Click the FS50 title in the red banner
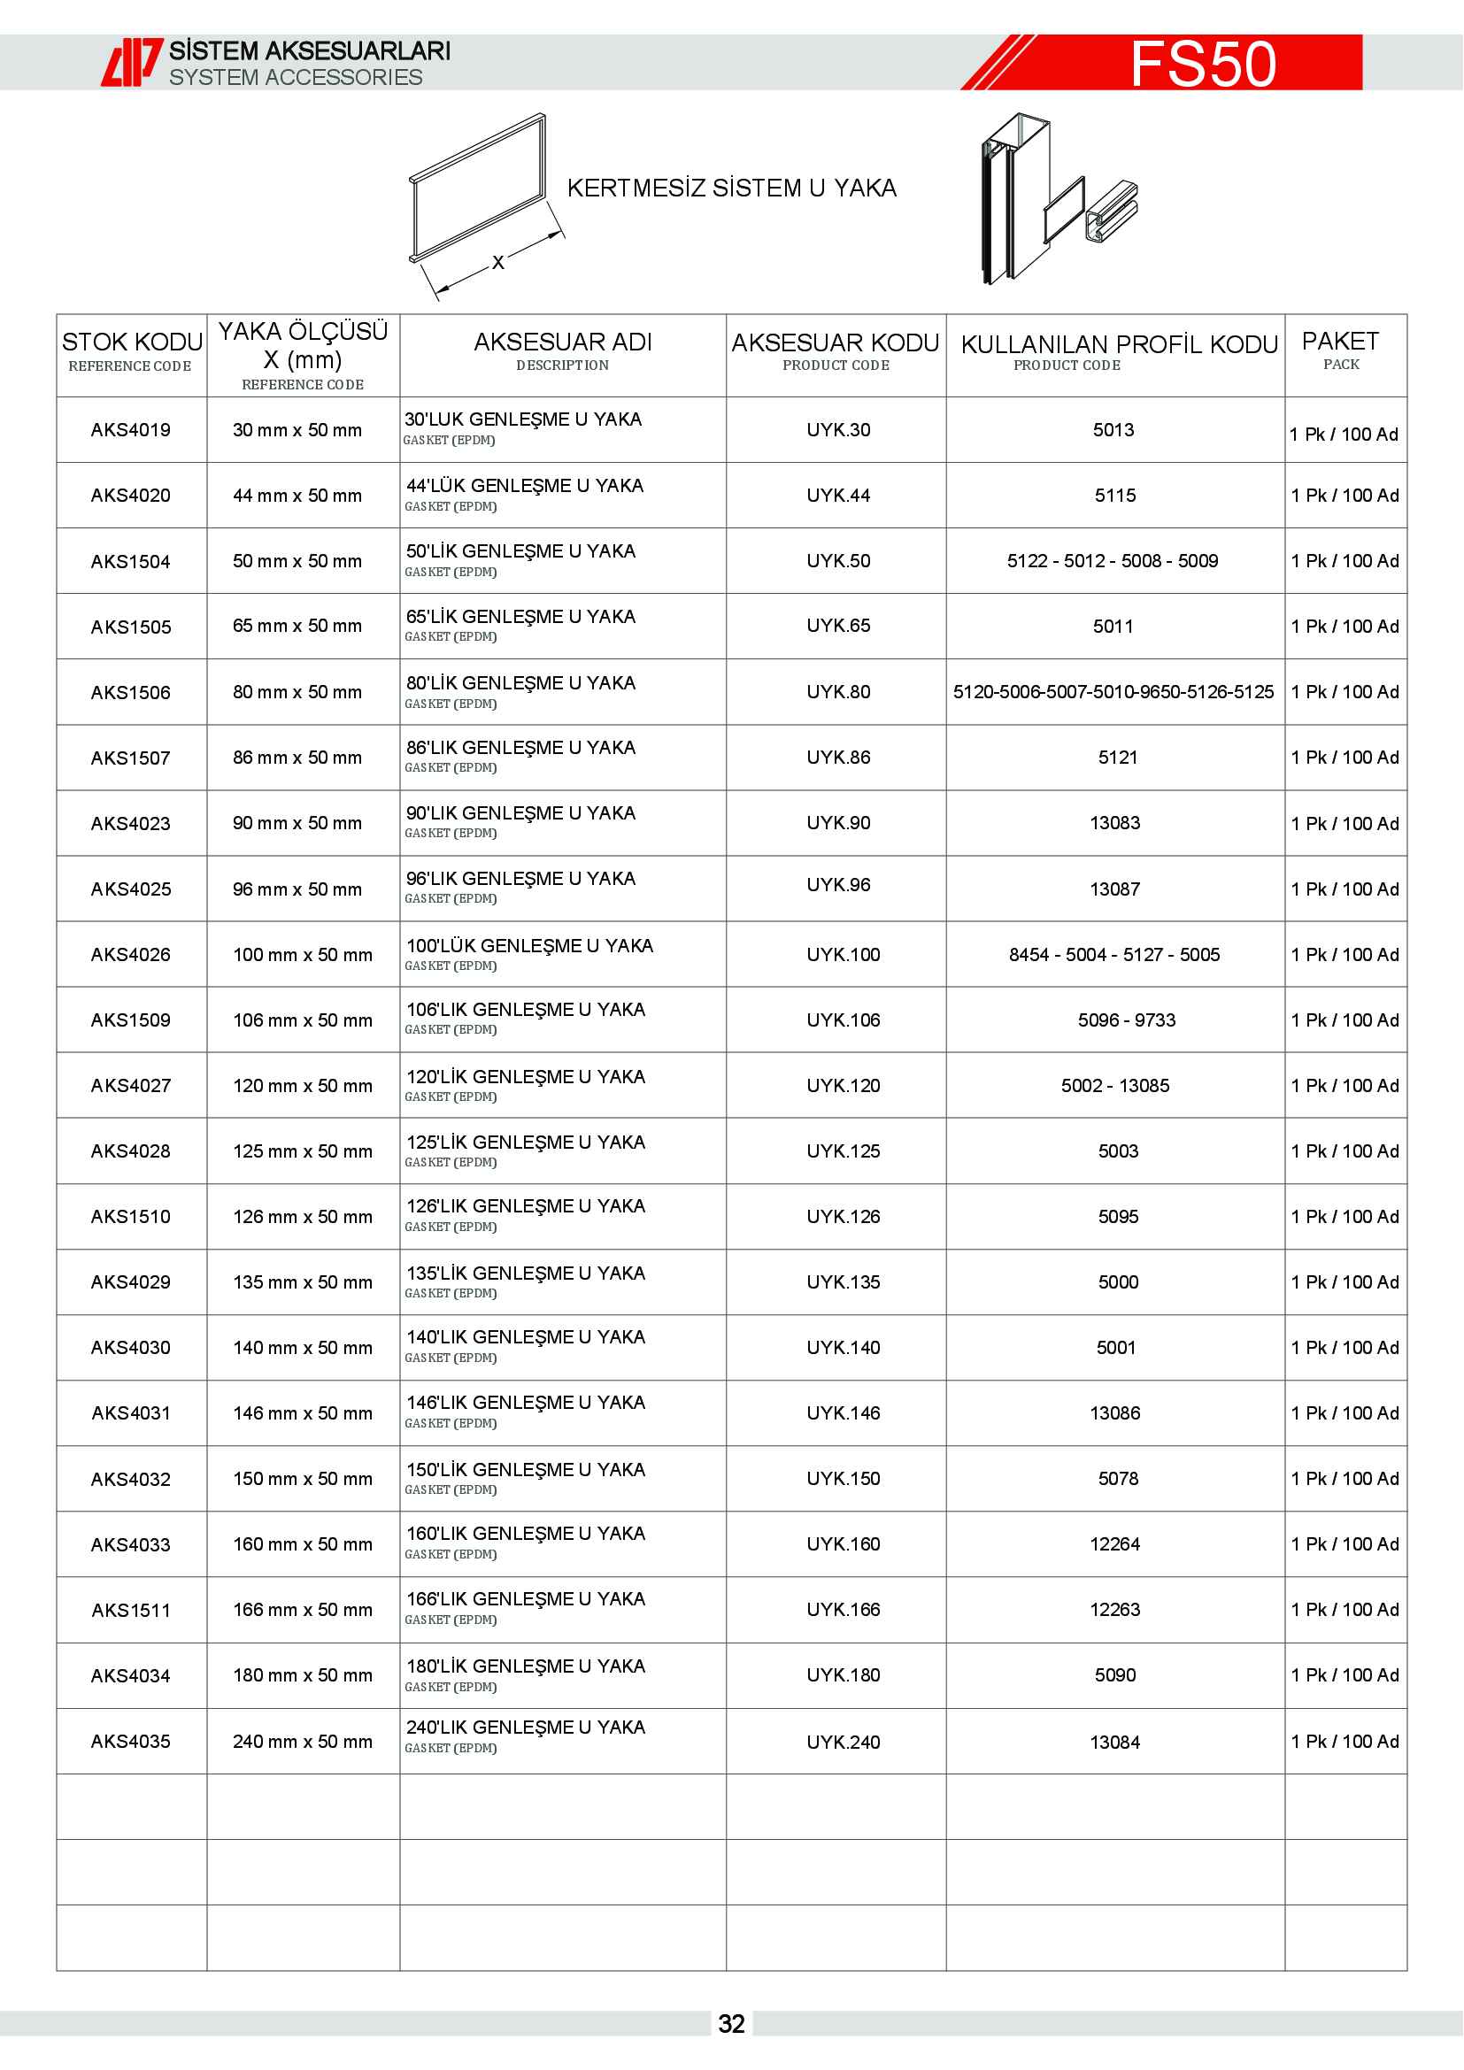pyautogui.click(x=1203, y=64)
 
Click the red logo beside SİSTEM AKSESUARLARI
pyautogui.click(x=132, y=62)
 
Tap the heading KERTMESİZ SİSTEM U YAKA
pyautogui.click(x=731, y=189)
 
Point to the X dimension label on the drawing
pyautogui.click(x=497, y=262)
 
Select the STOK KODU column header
pyautogui.click(x=132, y=342)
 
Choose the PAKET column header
pyautogui.click(x=1340, y=342)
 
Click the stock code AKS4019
pyautogui.click(x=131, y=430)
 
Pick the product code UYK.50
pyautogui.click(x=838, y=561)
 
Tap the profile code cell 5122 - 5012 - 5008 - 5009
pyautogui.click(x=1113, y=561)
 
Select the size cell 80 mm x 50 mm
pyautogui.click(x=297, y=692)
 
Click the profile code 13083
pyautogui.click(x=1115, y=823)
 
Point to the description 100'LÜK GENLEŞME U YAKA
pyautogui.click(x=530, y=946)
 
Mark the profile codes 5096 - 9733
pyautogui.click(x=1127, y=1020)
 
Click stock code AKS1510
pyautogui.click(x=131, y=1217)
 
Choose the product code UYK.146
pyautogui.click(x=843, y=1413)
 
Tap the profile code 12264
pyautogui.click(x=1115, y=1544)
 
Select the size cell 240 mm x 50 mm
pyautogui.click(x=302, y=1742)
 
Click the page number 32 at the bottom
pyautogui.click(x=731, y=2024)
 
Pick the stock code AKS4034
pyautogui.click(x=131, y=1676)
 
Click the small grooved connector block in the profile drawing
pyautogui.click(x=1112, y=212)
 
